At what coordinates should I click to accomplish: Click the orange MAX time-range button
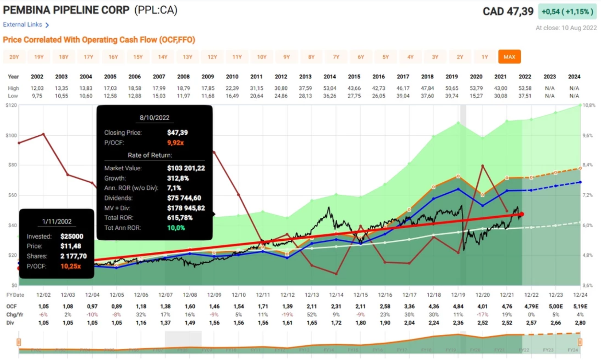pyautogui.click(x=509, y=57)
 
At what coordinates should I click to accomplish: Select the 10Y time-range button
pyautogui.click(x=261, y=57)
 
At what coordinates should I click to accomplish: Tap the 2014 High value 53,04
pyautogui.click(x=329, y=88)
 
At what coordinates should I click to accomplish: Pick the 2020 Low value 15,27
pyautogui.click(x=476, y=96)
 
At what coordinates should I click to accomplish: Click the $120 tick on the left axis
pyautogui.click(x=11, y=105)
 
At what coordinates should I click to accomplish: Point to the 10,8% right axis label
pyautogui.click(x=589, y=105)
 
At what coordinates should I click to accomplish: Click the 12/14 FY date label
pyautogui.click(x=336, y=295)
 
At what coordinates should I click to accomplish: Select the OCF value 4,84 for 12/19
pyautogui.click(x=458, y=306)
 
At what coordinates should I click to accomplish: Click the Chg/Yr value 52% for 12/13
pyautogui.click(x=311, y=314)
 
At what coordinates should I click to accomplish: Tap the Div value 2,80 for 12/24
pyautogui.click(x=580, y=323)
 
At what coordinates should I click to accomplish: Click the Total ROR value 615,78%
pyautogui.click(x=185, y=218)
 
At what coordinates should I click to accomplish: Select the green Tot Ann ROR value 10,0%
pyautogui.click(x=176, y=228)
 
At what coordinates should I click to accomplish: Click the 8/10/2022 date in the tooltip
pyautogui.click(x=154, y=117)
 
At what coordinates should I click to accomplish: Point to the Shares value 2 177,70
pyautogui.click(x=73, y=256)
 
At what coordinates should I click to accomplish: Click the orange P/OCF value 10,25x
pyautogui.click(x=70, y=266)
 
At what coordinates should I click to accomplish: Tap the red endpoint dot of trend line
pyautogui.click(x=522, y=214)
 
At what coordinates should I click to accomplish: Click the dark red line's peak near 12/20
pyautogui.click(x=482, y=166)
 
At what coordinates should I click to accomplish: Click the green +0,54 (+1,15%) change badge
pyautogui.click(x=567, y=12)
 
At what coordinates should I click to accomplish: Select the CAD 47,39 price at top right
pyautogui.click(x=508, y=12)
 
